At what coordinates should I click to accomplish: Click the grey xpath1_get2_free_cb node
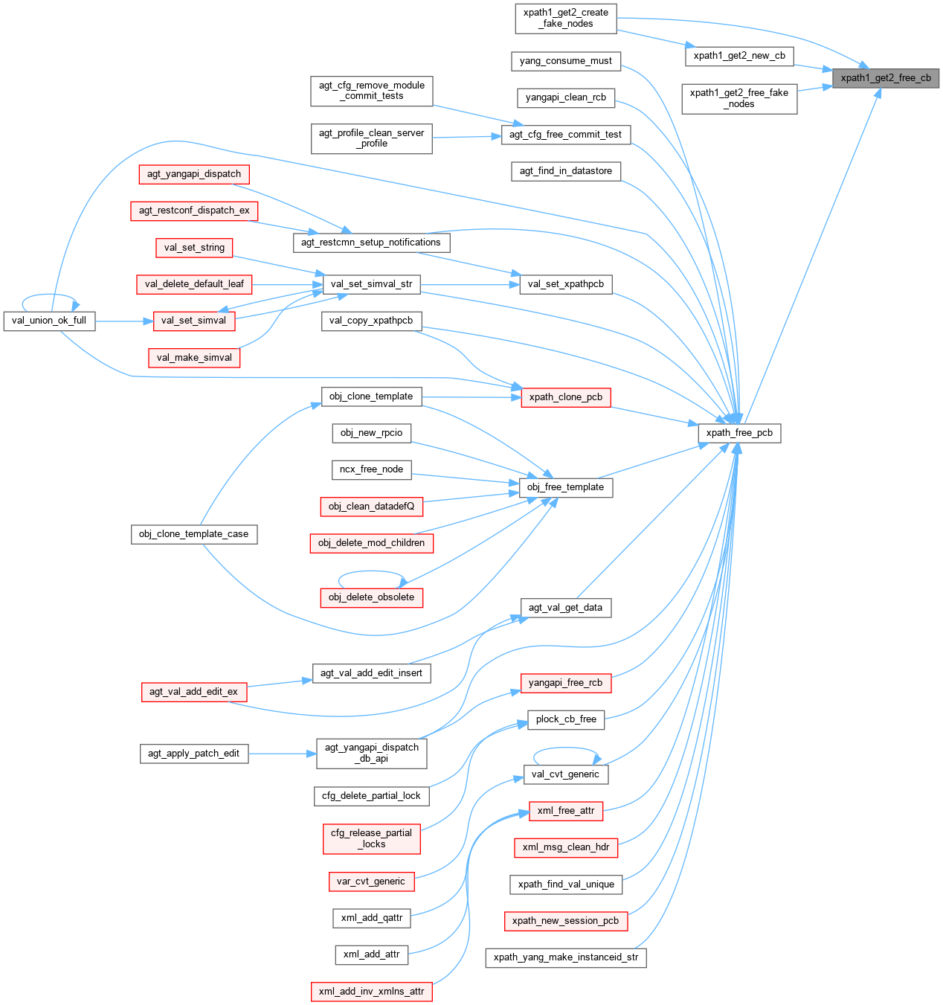click(x=886, y=78)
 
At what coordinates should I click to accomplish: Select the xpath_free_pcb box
click(x=739, y=433)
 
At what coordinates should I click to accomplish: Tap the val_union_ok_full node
click(x=49, y=321)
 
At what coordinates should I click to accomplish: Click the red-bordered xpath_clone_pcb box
click(x=566, y=397)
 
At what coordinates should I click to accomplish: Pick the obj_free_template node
click(x=565, y=487)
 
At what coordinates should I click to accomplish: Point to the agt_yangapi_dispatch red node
click(x=194, y=174)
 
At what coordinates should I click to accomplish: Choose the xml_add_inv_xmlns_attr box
click(x=371, y=992)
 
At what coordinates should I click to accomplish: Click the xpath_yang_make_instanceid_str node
click(x=566, y=957)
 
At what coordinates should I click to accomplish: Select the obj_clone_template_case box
click(x=194, y=534)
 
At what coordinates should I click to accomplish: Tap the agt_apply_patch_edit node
click(x=194, y=754)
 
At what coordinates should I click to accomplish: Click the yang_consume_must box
click(x=566, y=61)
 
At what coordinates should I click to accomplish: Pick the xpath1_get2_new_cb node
click(x=739, y=56)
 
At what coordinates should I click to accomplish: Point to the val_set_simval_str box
click(x=371, y=284)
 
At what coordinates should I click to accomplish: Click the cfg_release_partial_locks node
click(x=371, y=838)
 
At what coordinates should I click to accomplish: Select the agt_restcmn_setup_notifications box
click(x=371, y=243)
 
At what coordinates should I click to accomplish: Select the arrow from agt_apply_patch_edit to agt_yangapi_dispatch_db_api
click(x=283, y=754)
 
